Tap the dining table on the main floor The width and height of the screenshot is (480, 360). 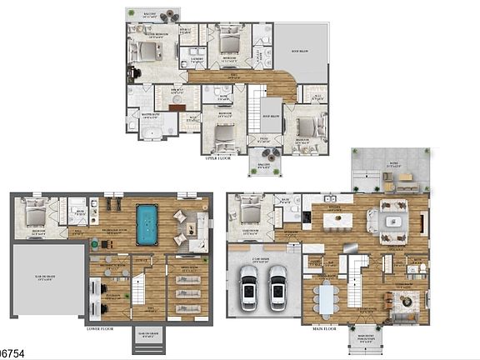325,295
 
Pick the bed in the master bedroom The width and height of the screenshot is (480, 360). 147,52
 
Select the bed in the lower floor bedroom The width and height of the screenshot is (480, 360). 33,215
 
